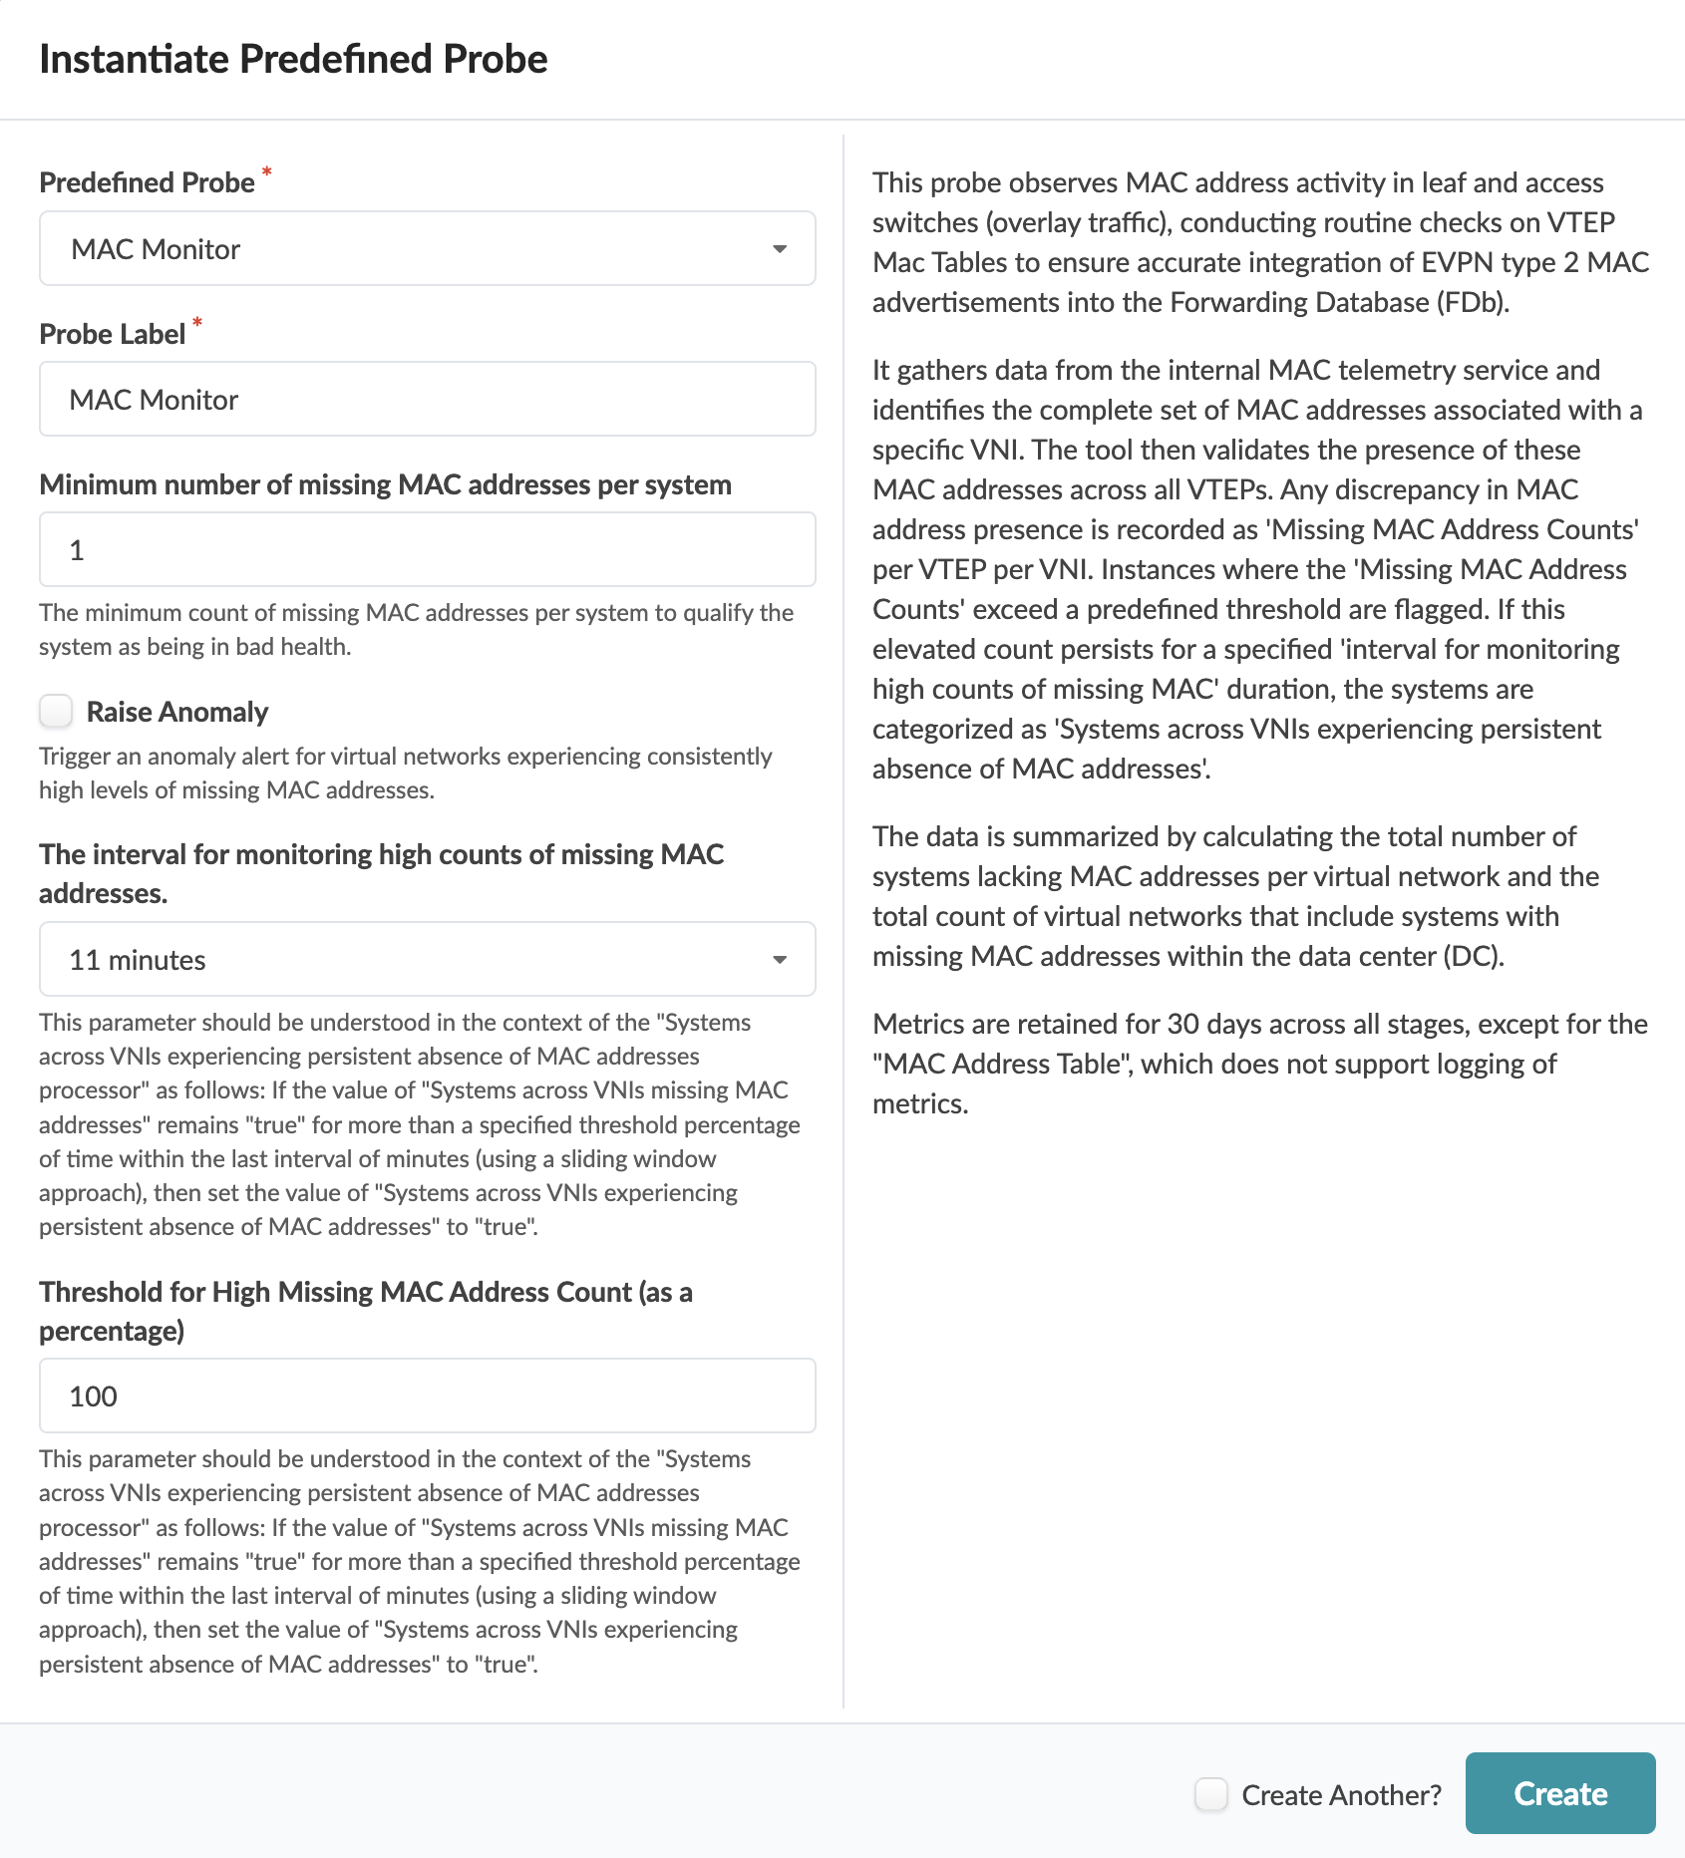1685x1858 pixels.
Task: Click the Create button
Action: (1559, 1793)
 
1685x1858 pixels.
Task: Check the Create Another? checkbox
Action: (1211, 1794)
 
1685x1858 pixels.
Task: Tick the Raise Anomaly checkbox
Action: (57, 712)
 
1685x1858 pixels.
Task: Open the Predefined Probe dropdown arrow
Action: (780, 249)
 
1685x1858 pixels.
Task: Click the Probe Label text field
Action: (427, 400)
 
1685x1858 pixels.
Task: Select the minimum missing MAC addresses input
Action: (427, 550)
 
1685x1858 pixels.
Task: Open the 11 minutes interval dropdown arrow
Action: (780, 960)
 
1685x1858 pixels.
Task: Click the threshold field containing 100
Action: (427, 1396)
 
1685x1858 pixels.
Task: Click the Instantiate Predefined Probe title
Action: (293, 59)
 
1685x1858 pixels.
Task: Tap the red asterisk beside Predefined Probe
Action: (266, 172)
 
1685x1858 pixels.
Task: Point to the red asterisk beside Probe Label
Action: (197, 323)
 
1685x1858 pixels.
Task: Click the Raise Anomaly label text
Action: (177, 712)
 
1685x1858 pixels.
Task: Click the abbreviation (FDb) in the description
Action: (1472, 302)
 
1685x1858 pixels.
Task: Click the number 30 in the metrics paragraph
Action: (1182, 1024)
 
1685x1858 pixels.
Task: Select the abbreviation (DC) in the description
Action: (1472, 956)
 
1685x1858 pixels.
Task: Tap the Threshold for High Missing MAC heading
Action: (365, 1292)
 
